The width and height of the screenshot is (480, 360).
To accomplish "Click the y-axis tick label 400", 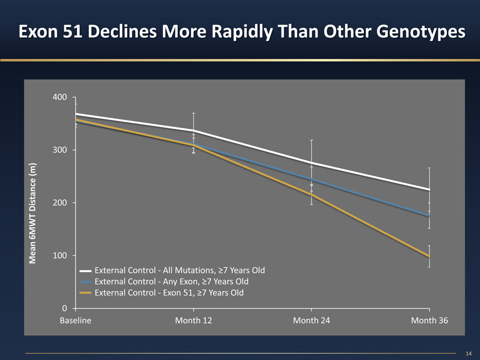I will click(x=61, y=97).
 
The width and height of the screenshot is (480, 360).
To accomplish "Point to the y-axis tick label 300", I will click(x=61, y=150).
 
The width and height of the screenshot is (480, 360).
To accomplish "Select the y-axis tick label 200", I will click(x=61, y=203).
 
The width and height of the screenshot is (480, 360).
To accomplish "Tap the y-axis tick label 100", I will click(x=61, y=256).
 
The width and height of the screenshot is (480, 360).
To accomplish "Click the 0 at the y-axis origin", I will click(x=64, y=308).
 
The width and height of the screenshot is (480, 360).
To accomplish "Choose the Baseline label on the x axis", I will click(x=75, y=320).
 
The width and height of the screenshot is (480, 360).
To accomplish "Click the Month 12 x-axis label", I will click(x=194, y=320).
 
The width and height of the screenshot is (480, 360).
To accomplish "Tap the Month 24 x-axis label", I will click(x=311, y=320).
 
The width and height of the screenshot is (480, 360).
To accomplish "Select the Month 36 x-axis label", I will click(x=429, y=320).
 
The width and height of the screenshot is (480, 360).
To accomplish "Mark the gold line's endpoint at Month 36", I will click(x=429, y=256).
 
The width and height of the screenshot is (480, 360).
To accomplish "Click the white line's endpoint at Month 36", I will click(x=429, y=189).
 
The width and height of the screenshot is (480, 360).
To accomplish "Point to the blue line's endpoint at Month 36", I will click(x=429, y=216).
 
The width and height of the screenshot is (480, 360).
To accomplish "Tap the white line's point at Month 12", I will click(x=194, y=130).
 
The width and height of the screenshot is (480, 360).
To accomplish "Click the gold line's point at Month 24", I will click(x=311, y=195).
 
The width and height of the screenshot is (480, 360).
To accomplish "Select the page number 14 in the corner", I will click(x=469, y=353).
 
